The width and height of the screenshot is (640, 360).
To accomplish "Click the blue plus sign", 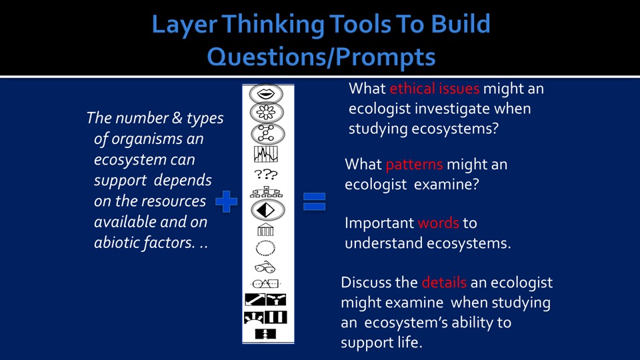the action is point(226,201).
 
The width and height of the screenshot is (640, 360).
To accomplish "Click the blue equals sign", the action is point(314,201).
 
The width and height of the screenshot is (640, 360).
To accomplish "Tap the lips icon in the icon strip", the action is point(266,94).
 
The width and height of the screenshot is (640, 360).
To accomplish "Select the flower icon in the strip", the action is point(266,113).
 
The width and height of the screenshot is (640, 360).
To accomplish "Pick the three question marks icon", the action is point(266,174).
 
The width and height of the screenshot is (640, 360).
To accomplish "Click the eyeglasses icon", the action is point(265,267).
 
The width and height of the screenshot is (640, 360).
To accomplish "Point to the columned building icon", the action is point(265,230).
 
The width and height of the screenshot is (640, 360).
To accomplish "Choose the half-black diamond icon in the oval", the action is point(267,210).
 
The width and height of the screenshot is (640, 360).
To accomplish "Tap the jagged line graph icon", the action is point(266,154).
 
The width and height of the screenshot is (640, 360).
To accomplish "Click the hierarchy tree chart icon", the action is point(266,192).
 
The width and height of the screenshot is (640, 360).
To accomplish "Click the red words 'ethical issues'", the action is point(434,89).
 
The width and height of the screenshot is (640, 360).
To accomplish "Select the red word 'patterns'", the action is point(414,165).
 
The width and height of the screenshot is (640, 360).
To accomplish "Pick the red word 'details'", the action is point(444,283).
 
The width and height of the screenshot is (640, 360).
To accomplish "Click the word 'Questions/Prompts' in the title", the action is point(321,56).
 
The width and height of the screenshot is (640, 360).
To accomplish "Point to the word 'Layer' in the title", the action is point(184,25).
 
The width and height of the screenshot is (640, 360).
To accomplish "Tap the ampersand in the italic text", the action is point(177,118).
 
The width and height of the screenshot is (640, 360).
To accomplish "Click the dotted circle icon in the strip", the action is point(266,248).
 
